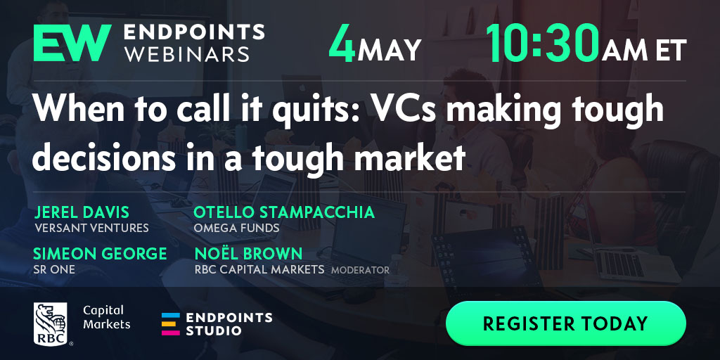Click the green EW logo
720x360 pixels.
coord(72,43)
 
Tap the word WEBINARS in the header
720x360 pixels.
coord(187,53)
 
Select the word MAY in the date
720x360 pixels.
coord(390,50)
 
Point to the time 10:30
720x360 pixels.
coord(543,43)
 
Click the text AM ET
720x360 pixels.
coord(644,50)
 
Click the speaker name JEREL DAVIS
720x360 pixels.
coord(82,212)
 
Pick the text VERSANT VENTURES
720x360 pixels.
coord(92,228)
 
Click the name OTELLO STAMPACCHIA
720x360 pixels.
coord(284,212)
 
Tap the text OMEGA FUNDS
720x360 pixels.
coord(236,228)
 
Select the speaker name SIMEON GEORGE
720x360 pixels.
coord(100,253)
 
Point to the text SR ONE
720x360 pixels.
coord(54,269)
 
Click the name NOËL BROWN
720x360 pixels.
coord(248,253)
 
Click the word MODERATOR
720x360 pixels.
coord(361,270)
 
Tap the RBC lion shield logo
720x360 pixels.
coord(51,324)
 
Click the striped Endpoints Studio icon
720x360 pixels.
coord(170,324)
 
